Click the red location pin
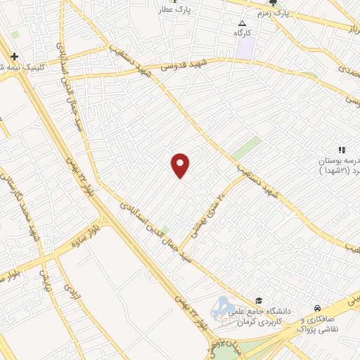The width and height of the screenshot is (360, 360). [x=180, y=165]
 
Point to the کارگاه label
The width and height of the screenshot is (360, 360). [x=243, y=32]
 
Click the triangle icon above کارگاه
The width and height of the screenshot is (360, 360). [x=243, y=22]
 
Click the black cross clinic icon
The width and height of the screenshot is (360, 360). [x=14, y=56]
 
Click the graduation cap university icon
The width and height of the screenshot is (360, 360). [x=259, y=300]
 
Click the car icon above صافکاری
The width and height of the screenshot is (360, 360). [x=319, y=308]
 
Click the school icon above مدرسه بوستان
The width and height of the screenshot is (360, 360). [x=342, y=150]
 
